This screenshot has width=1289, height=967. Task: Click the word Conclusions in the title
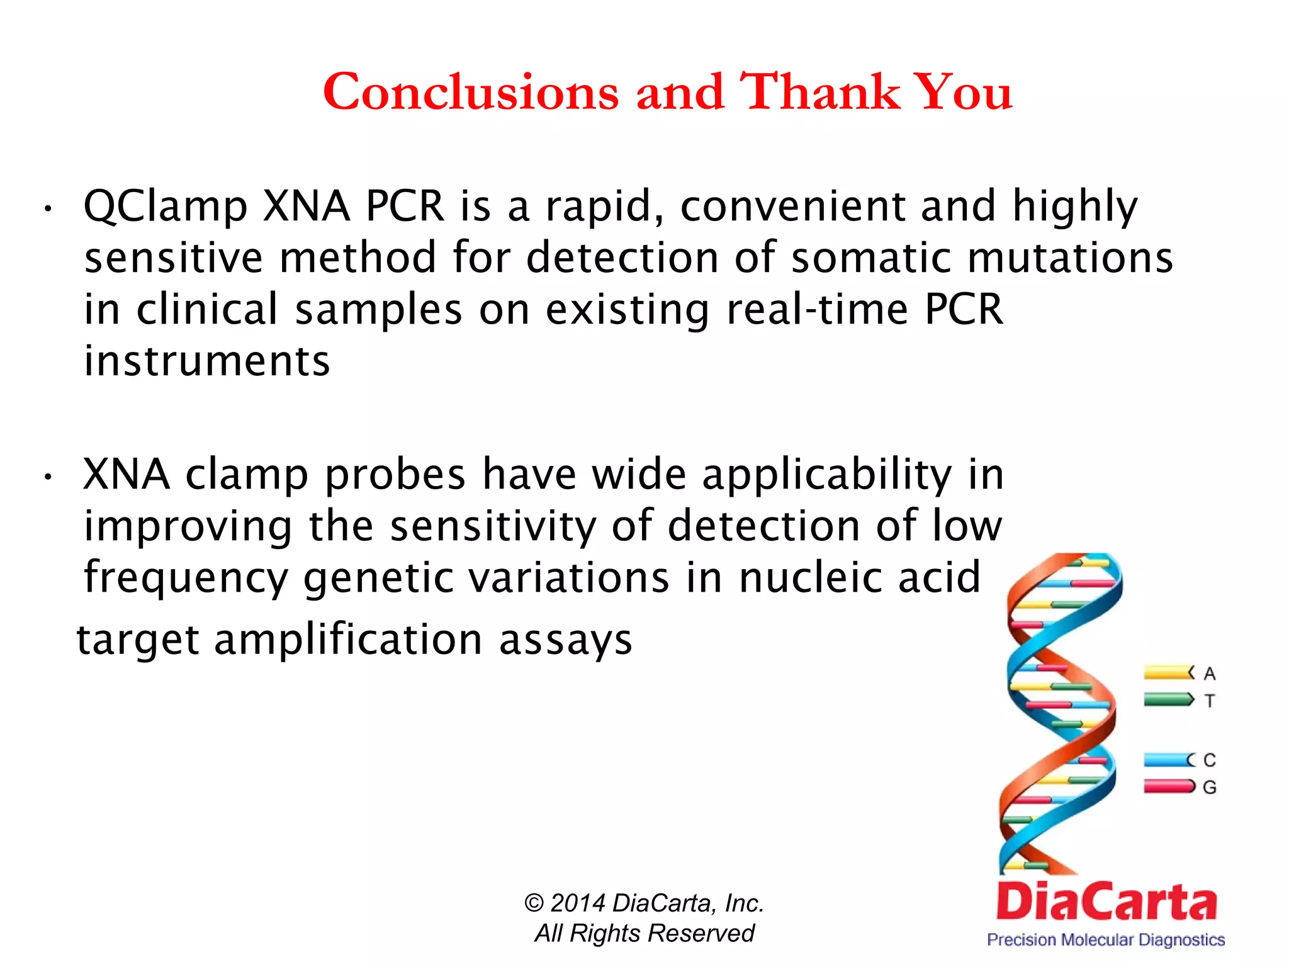471,92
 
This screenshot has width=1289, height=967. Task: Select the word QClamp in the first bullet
166,206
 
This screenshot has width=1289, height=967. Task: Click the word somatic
871,258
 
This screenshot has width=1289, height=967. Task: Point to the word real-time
818,310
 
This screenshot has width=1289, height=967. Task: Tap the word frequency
186,578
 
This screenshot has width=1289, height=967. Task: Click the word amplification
348,640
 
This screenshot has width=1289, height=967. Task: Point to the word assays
565,640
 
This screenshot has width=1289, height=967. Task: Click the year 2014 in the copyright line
577,903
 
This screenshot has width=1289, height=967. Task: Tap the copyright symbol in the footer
534,904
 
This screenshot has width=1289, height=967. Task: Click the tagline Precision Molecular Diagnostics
1105,940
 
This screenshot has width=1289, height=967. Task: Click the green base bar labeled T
1168,699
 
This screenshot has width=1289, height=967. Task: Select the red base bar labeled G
1168,786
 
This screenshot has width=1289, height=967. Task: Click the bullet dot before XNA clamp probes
48,478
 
